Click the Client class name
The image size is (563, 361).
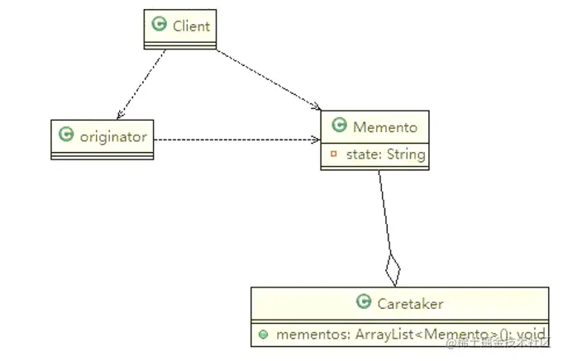[x=191, y=26]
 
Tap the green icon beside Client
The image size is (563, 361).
[x=160, y=25]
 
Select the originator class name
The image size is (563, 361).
[x=113, y=136]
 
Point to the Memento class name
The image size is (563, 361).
[x=385, y=126]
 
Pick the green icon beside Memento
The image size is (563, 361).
[x=339, y=126]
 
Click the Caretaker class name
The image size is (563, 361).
[x=411, y=303]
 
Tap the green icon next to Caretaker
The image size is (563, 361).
[x=363, y=302]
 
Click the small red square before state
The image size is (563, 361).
[x=333, y=154]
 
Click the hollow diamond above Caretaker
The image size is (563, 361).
[x=393, y=271]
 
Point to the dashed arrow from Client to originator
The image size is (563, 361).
[x=141, y=83]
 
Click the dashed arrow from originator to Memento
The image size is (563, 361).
[x=236, y=140]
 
